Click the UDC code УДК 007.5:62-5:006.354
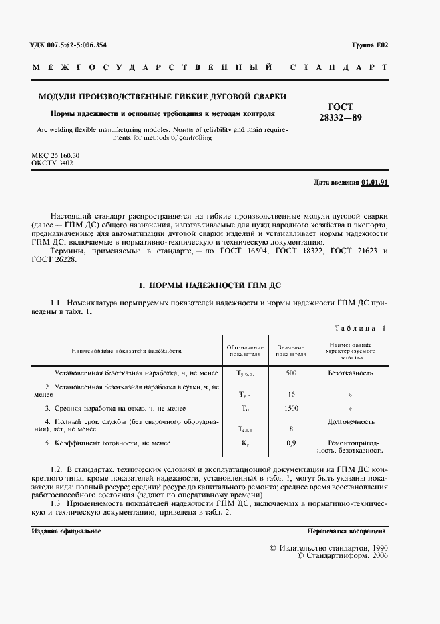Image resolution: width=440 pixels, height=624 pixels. point(69,45)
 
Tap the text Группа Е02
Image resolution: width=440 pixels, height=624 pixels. point(369,45)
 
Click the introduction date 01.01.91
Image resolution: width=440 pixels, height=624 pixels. point(375,182)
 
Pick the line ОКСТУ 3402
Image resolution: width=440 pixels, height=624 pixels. point(52,163)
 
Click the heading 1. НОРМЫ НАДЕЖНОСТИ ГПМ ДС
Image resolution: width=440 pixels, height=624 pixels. point(210,285)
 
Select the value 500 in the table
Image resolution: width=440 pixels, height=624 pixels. point(291,373)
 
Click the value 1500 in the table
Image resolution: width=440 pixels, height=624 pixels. point(291,408)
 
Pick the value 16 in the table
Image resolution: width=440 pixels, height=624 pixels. point(291,394)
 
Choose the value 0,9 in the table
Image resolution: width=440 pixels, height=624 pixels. point(291,443)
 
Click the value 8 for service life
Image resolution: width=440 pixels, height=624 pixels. point(291,429)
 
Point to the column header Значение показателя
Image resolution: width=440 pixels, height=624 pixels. point(291,351)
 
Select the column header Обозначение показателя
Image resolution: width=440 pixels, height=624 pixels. point(244,351)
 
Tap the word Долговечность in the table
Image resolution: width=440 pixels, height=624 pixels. point(351,421)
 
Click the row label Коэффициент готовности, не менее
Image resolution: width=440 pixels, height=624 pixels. point(107,443)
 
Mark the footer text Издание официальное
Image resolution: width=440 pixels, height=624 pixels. point(66,531)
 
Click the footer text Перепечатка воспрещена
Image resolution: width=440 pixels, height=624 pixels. point(346,531)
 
